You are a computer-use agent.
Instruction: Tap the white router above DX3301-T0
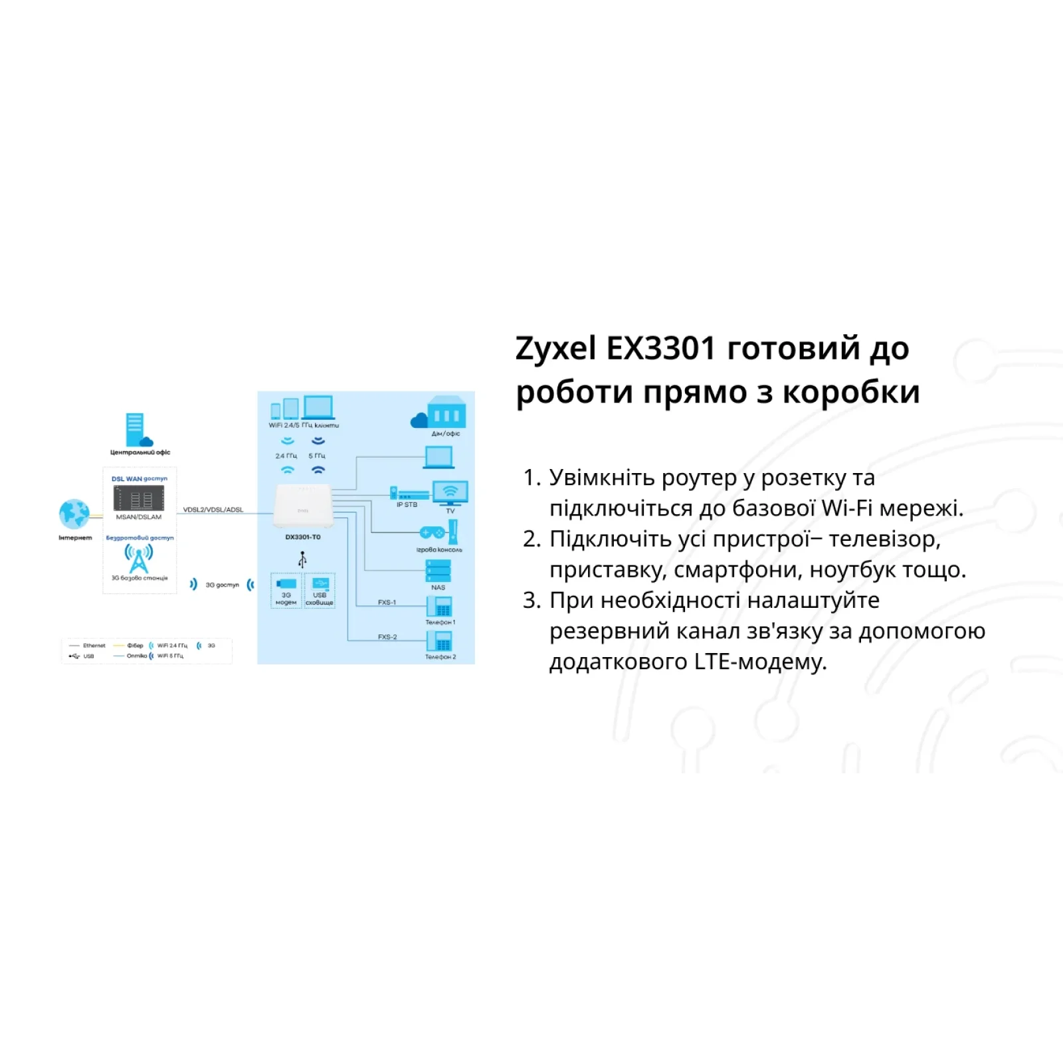click(302, 509)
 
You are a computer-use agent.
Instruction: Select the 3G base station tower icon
click(139, 559)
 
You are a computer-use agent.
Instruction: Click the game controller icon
click(433, 532)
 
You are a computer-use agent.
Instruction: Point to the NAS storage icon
click(438, 571)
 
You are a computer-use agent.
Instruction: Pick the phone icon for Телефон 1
click(439, 607)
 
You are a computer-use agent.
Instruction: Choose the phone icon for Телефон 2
click(439, 641)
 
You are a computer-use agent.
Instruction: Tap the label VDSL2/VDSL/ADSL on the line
click(213, 510)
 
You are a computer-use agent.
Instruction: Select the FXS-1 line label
click(387, 603)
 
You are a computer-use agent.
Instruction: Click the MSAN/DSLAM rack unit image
click(139, 498)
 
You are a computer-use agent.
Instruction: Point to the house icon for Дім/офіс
click(446, 413)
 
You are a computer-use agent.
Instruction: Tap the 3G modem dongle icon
click(286, 583)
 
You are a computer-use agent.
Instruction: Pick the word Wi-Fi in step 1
click(846, 508)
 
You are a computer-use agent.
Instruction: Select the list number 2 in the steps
click(531, 539)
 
